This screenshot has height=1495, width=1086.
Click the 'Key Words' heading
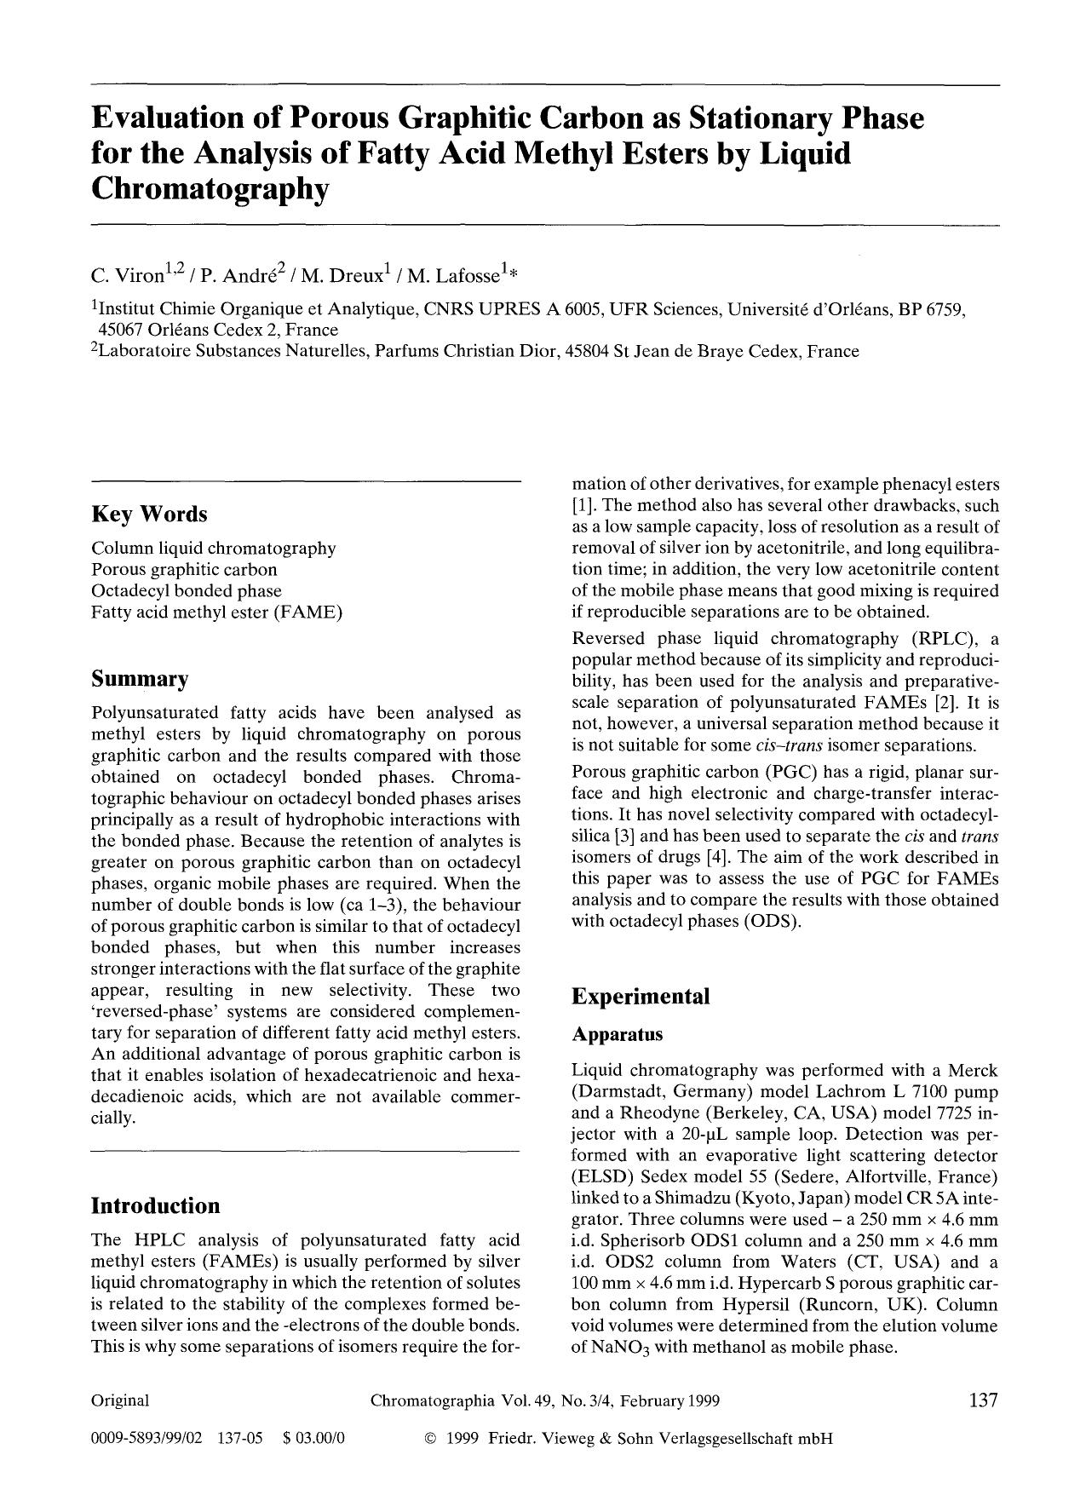click(149, 515)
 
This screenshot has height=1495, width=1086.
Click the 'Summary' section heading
click(140, 680)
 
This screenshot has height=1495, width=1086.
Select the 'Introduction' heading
click(155, 1205)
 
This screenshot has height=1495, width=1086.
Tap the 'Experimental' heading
click(641, 997)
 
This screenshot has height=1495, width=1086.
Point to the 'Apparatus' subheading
click(618, 1034)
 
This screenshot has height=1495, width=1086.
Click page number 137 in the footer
click(982, 1400)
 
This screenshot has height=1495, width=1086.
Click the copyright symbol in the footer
click(430, 1440)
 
